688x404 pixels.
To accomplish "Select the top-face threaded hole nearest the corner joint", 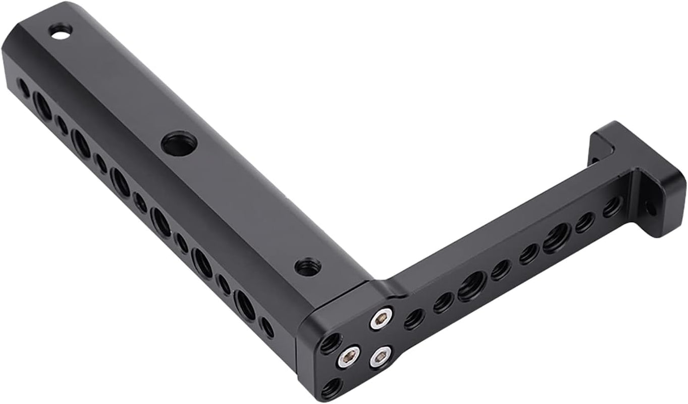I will [x=308, y=266].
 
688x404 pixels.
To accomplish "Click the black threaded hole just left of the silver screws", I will [x=331, y=343].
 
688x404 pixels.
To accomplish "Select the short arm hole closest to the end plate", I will [x=612, y=207].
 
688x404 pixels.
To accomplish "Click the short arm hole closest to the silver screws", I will [x=414, y=319].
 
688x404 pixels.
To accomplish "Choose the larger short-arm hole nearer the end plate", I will [x=556, y=238].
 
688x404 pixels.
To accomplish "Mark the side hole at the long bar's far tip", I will [x=24, y=87].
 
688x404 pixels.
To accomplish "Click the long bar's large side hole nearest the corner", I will [x=245, y=305].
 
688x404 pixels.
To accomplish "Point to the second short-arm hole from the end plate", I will [x=585, y=222].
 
